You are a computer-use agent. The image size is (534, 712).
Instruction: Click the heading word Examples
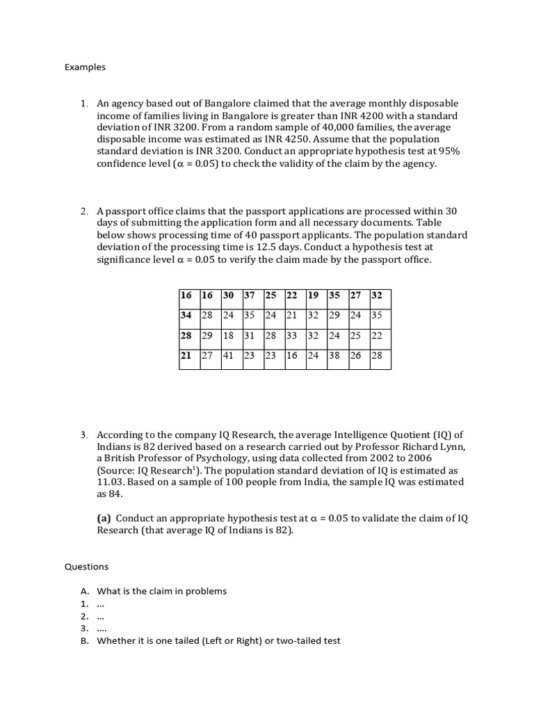85,67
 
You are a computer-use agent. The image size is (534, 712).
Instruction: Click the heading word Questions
86,567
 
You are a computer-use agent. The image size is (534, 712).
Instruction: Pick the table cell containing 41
229,356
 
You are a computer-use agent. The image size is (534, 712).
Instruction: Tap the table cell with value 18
229,335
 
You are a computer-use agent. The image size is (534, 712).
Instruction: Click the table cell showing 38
334,356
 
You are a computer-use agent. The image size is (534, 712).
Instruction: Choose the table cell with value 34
186,315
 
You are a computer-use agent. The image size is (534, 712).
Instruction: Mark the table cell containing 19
313,295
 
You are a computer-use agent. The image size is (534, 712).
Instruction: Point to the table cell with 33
292,335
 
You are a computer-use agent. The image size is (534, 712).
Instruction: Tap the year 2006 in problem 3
437,458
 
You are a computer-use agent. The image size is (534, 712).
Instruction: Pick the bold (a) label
104,518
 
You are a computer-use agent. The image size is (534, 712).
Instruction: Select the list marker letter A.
84,592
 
